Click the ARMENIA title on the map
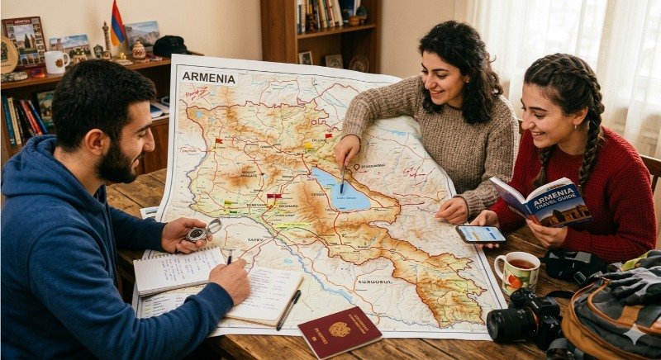[x=208, y=77]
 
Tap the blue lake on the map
[x=341, y=191]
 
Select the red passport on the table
[x=340, y=332]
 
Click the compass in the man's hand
[x=198, y=232]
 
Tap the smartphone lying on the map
[x=481, y=234]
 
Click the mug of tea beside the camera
[x=516, y=272]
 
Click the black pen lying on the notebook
[x=289, y=310]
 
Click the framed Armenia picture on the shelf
[x=25, y=39]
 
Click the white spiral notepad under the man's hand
[x=178, y=268]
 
